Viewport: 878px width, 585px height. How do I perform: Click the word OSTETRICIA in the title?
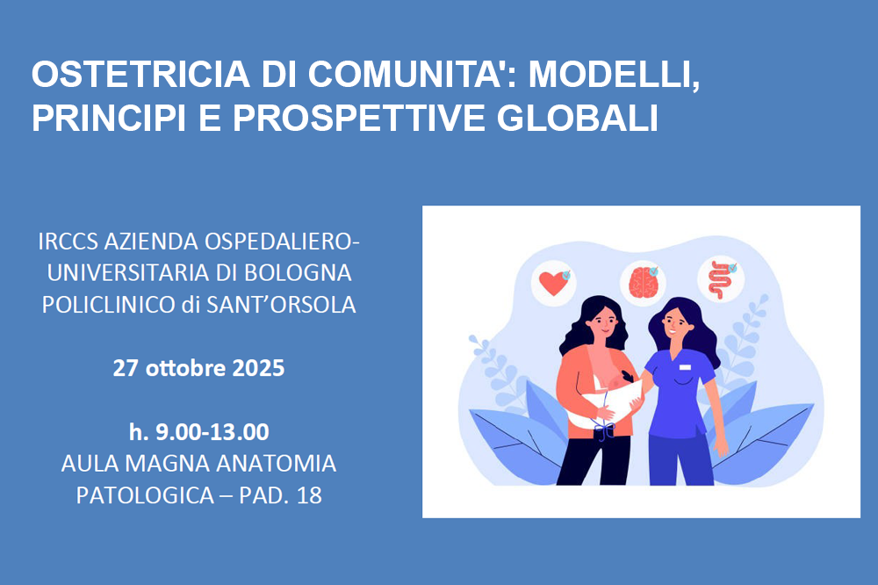tap(140, 74)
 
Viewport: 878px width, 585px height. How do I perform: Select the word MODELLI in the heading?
tap(615, 75)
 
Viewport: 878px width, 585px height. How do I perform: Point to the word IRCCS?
tap(68, 242)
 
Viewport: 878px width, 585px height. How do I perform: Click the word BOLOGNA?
tap(298, 273)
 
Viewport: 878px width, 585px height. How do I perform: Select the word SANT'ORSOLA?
tap(281, 304)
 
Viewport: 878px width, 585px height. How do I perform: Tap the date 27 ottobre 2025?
tap(198, 368)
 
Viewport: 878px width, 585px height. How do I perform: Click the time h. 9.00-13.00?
tap(198, 431)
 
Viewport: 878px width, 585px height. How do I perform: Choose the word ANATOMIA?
tap(276, 464)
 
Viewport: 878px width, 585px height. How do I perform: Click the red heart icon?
tap(552, 283)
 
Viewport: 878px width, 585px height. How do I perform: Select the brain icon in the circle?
tap(643, 282)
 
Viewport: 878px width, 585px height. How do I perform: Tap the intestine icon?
tap(720, 279)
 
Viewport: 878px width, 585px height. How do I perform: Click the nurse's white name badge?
tap(685, 367)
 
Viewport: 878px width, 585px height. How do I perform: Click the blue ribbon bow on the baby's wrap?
tap(604, 430)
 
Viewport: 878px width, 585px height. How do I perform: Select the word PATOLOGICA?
tap(145, 495)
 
